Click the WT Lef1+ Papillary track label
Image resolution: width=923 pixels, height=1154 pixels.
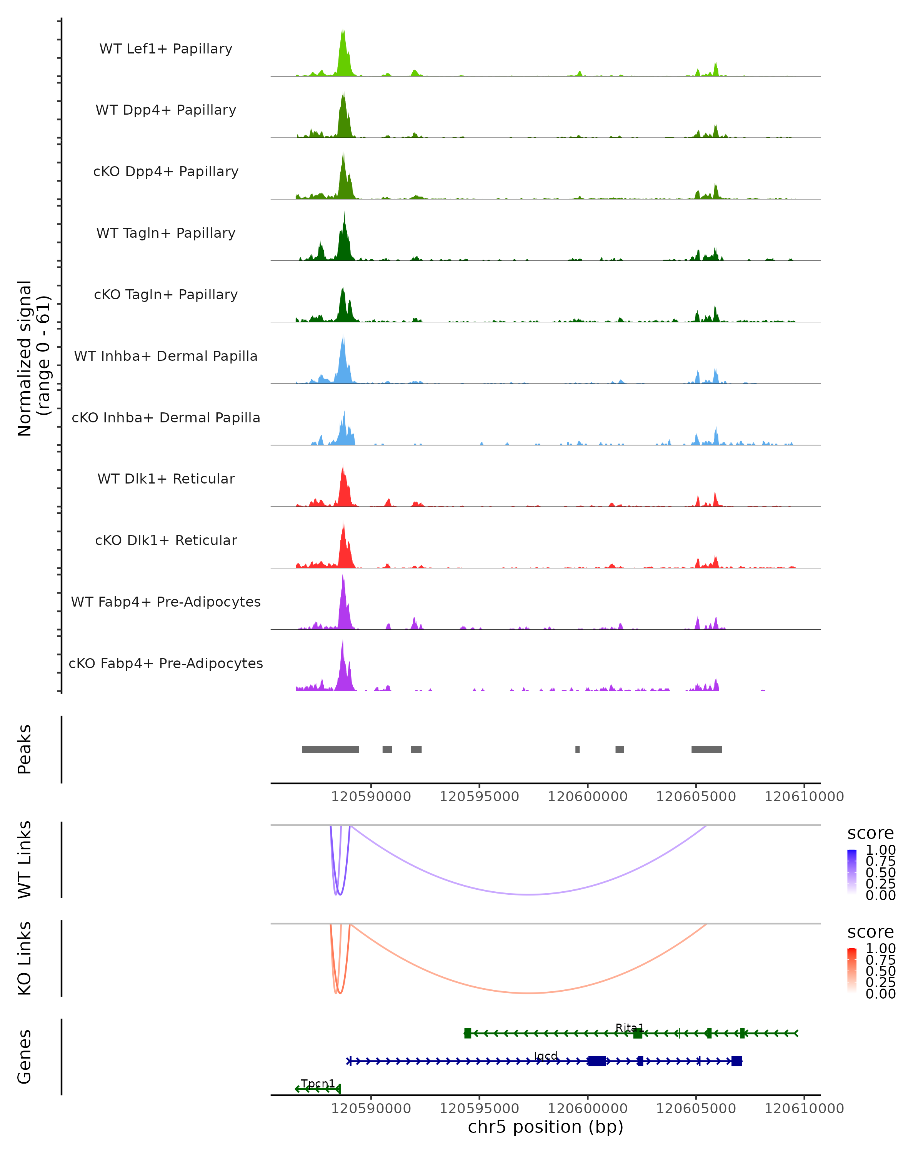pyautogui.click(x=166, y=49)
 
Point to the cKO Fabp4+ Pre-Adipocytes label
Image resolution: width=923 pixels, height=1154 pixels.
pyautogui.click(x=166, y=663)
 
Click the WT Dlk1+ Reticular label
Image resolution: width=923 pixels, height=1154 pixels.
pyautogui.click(x=166, y=479)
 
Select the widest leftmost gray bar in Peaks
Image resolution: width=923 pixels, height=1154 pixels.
pyautogui.click(x=330, y=749)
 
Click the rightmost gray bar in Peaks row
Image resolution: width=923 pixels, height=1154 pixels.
pyautogui.click(x=706, y=749)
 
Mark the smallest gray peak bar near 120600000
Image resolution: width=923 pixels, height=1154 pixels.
pyautogui.click(x=577, y=749)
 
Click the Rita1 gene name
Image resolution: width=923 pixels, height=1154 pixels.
pyautogui.click(x=629, y=1028)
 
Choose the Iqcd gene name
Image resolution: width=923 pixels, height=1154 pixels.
pyautogui.click(x=546, y=1056)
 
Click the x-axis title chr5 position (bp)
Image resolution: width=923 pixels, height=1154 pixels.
pyautogui.click(x=545, y=1127)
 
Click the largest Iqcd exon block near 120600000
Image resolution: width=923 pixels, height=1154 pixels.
pyautogui.click(x=596, y=1061)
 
